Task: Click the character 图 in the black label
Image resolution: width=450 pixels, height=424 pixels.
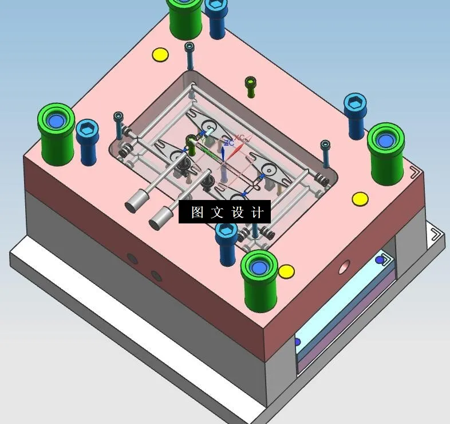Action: pos(198,213)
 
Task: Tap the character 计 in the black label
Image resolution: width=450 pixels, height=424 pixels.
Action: pos(257,213)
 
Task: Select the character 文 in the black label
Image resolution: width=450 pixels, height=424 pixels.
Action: pos(216,213)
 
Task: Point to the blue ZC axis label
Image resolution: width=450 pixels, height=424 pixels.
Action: pos(227,142)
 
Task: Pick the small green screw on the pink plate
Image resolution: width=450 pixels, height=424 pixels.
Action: pos(251,86)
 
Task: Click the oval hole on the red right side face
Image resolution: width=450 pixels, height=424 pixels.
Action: pos(344,266)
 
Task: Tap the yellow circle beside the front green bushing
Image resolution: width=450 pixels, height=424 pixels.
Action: pos(286,271)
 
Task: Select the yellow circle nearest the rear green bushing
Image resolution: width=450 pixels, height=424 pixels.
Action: pos(160,55)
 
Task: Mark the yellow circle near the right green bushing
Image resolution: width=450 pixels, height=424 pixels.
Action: pos(360,199)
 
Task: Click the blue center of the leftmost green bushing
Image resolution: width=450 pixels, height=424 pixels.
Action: pos(56,121)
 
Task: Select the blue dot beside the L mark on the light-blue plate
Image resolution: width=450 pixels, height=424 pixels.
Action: pos(380,260)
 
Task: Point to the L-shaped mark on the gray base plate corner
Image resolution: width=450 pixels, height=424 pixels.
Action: pos(437,236)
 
